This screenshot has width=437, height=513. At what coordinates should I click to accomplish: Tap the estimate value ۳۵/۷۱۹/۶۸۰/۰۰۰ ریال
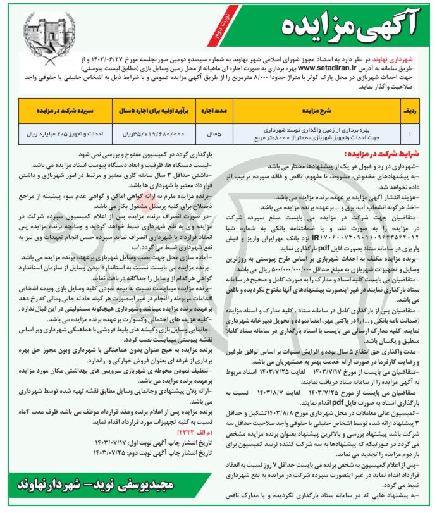[151, 134]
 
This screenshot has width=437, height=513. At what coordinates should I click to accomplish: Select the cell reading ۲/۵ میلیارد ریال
[60, 134]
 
